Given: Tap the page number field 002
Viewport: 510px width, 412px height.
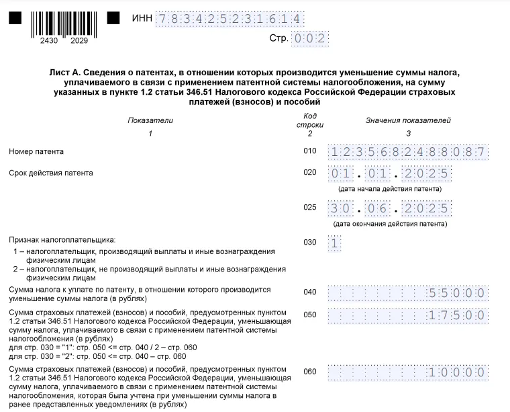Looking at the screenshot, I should (310, 38).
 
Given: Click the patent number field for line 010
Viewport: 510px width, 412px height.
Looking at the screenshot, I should (407, 152).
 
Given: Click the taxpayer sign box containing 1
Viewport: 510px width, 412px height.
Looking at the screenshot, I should (335, 243).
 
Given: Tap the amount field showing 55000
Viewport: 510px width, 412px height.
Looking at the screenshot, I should (407, 292).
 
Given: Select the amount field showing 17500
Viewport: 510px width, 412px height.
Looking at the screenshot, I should (407, 314).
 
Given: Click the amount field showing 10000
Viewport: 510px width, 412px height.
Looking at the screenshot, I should (407, 372).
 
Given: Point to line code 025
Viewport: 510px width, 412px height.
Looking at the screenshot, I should (309, 207).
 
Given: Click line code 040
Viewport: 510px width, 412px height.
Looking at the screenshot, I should (309, 292).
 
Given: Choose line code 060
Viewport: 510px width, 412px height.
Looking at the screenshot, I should (309, 372).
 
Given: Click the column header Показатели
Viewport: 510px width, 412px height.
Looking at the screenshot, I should (150, 120).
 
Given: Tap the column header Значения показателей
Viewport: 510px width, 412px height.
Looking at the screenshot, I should (408, 120).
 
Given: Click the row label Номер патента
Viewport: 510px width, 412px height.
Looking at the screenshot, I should (36, 152).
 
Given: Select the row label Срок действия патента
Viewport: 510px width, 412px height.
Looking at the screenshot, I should (51, 173).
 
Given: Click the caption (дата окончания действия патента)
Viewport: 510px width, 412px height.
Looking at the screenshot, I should (390, 223).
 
